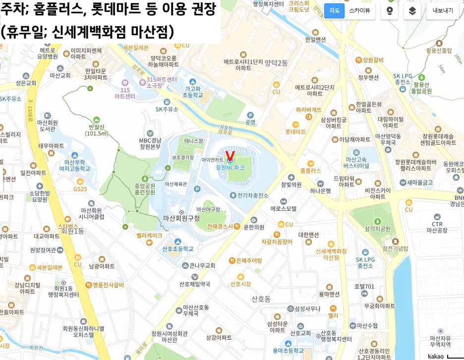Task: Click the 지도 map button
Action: coord(334,10)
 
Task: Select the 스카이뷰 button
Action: coord(359,10)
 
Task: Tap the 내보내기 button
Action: coord(442,10)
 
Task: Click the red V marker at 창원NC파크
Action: coord(230,156)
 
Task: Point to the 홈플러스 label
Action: coord(311,171)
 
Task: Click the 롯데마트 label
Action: coord(295,132)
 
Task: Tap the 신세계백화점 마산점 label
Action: coord(331,254)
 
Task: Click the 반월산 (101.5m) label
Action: coord(97,130)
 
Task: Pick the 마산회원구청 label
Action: coord(181,218)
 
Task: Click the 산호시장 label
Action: coord(240,284)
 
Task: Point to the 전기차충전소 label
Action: coord(252,195)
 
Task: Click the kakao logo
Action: coord(436,356)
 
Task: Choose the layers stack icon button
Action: coord(412,10)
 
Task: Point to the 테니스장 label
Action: coord(194,141)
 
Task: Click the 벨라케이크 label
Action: coord(150,236)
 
